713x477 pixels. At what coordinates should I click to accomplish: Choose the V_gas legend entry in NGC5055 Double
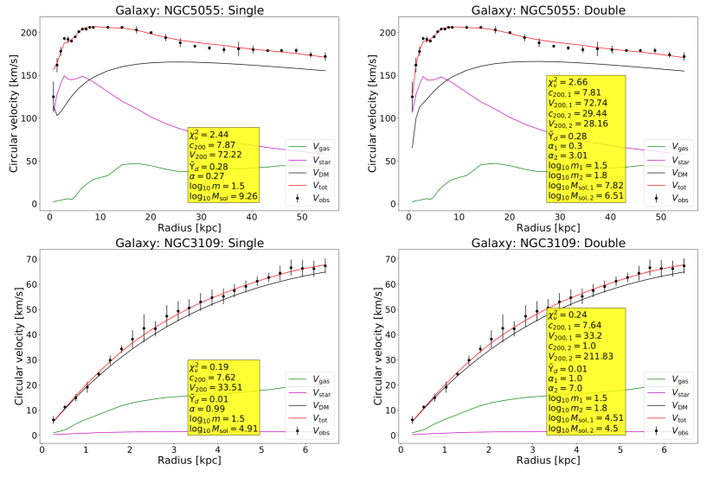click(x=674, y=149)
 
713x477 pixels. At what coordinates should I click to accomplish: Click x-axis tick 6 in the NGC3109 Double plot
click(x=664, y=449)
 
